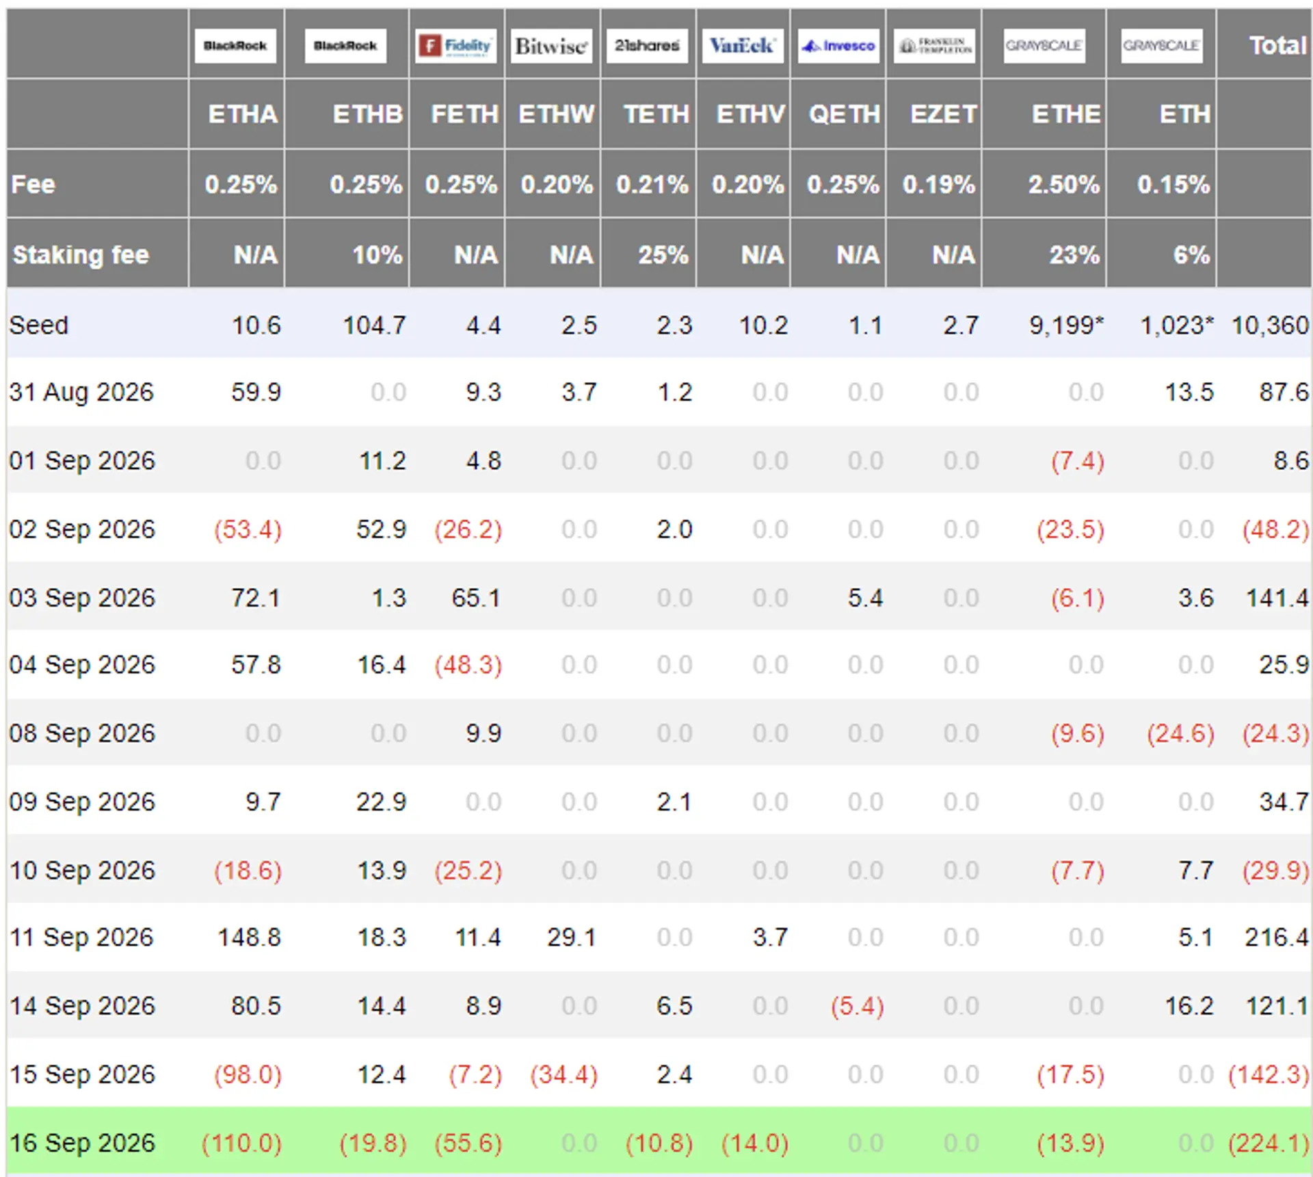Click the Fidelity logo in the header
click(455, 46)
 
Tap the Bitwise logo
click(551, 46)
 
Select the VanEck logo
click(743, 46)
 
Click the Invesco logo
click(838, 46)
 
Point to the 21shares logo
click(647, 46)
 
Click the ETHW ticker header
click(556, 114)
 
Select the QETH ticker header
click(845, 114)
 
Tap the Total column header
click(1278, 46)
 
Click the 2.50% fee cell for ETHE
click(1064, 185)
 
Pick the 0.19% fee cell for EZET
click(939, 185)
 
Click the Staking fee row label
click(81, 254)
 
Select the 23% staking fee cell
click(1075, 255)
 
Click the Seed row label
click(39, 325)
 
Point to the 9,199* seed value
click(1067, 325)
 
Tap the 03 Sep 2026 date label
click(82, 598)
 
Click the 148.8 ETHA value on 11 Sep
click(249, 937)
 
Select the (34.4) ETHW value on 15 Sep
click(564, 1074)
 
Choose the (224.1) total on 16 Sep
click(1269, 1143)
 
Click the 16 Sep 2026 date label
click(82, 1143)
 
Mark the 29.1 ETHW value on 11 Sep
click(572, 937)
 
